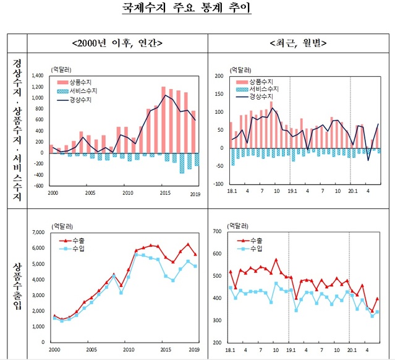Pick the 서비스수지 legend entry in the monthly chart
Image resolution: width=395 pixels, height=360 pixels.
point(261,90)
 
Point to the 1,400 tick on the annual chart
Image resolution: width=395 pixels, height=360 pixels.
point(36,75)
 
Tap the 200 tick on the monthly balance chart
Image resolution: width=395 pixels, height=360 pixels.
point(218,76)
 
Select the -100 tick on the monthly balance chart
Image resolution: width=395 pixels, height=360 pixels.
point(217,184)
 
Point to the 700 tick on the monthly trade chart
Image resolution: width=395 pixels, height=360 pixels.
point(218,231)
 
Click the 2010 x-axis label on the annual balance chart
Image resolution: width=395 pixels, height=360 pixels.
point(127,193)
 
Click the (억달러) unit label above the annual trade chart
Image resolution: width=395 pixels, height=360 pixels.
point(60,226)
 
